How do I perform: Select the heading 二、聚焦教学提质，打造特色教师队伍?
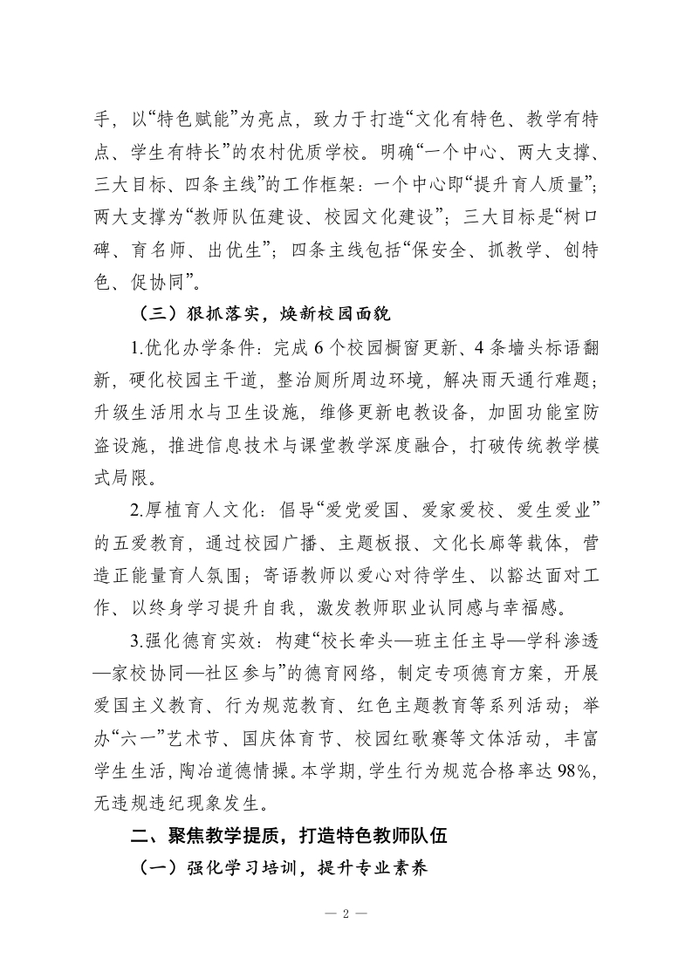288,835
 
